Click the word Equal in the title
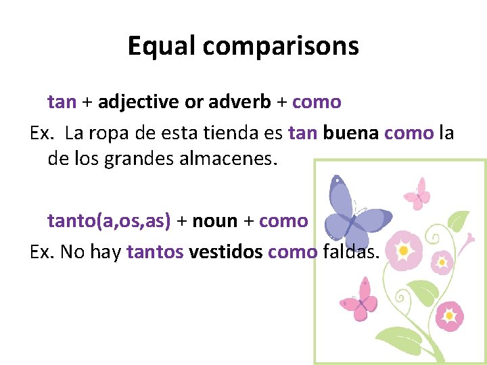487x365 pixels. pyautogui.click(x=162, y=46)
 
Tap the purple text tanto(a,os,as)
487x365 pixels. pyautogui.click(x=109, y=220)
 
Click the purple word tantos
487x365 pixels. pyautogui.click(x=155, y=251)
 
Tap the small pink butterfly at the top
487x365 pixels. pyautogui.click(x=417, y=193)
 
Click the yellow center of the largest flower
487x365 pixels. pyautogui.click(x=403, y=251)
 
